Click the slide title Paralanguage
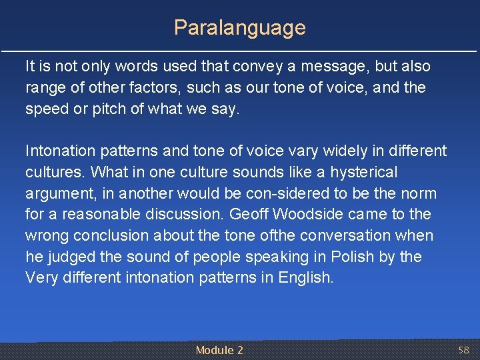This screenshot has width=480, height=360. [239, 27]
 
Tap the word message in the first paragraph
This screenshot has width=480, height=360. [332, 67]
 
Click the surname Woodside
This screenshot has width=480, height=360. [307, 215]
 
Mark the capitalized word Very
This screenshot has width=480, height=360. [42, 278]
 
